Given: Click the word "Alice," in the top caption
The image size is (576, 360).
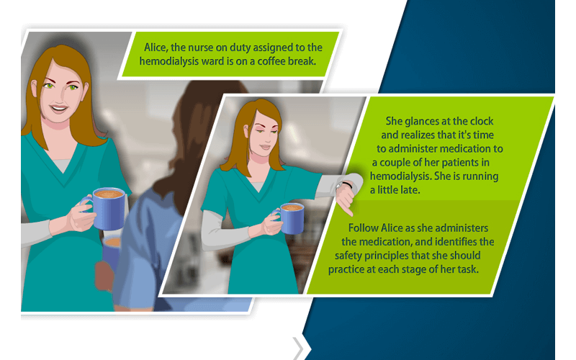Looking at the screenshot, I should [x=156, y=47].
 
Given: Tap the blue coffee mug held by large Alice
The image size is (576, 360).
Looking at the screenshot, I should [x=109, y=207].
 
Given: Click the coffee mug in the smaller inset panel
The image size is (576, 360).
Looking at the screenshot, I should [x=290, y=217].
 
